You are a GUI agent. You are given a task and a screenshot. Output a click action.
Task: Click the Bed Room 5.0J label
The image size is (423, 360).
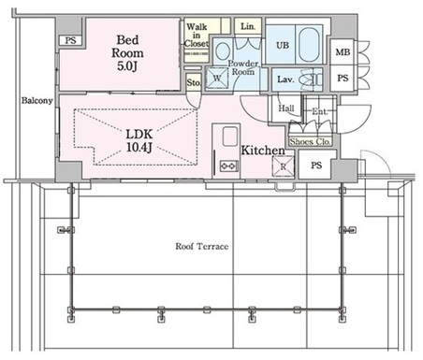click(x=127, y=53)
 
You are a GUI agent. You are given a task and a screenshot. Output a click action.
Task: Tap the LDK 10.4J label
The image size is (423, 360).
click(x=139, y=141)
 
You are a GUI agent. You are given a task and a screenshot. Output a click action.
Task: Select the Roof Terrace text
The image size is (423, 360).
click(x=202, y=246)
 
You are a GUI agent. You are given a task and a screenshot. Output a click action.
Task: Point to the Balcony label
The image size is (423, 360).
click(x=36, y=101)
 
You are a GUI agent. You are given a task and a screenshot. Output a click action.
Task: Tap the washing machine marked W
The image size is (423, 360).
click(x=217, y=78)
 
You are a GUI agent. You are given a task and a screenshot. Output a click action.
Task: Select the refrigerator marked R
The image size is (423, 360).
click(x=284, y=166)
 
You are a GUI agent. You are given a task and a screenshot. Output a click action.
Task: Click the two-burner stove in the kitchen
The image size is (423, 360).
click(x=229, y=166)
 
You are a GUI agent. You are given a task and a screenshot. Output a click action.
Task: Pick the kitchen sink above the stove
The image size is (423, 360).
click(x=230, y=137)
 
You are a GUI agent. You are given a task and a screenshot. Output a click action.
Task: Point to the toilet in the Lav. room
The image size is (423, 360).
click(x=313, y=79)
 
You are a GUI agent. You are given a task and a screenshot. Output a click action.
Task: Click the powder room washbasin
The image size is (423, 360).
click(x=222, y=50)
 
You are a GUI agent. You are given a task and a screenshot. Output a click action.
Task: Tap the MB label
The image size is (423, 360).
click(x=343, y=52)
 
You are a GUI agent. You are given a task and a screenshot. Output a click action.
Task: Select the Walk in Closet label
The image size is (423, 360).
click(x=197, y=36)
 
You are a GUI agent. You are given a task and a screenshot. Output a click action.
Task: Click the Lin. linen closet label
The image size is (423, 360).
click(x=248, y=26)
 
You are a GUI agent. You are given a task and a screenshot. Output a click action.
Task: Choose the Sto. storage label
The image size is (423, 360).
click(x=194, y=82)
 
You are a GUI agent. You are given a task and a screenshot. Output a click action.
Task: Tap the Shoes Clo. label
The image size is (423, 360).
click(x=310, y=142)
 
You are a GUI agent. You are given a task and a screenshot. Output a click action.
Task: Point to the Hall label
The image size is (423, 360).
click(x=286, y=108)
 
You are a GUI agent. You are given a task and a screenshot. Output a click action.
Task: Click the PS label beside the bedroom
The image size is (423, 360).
click(x=70, y=40)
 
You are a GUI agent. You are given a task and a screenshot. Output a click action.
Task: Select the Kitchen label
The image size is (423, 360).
click(x=263, y=151)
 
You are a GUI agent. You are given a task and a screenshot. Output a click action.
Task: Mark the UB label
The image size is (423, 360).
click(x=283, y=45)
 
